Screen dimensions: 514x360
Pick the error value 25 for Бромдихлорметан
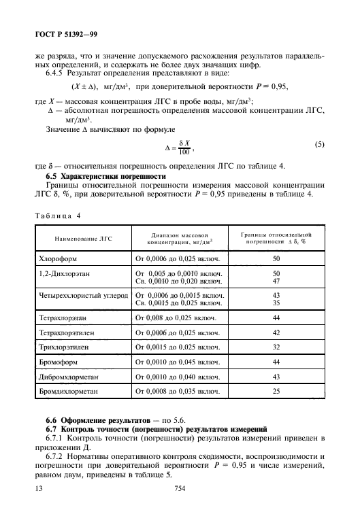[276, 392]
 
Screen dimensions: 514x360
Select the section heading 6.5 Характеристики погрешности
[105, 176]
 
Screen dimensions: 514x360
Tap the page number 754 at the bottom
[180, 488]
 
